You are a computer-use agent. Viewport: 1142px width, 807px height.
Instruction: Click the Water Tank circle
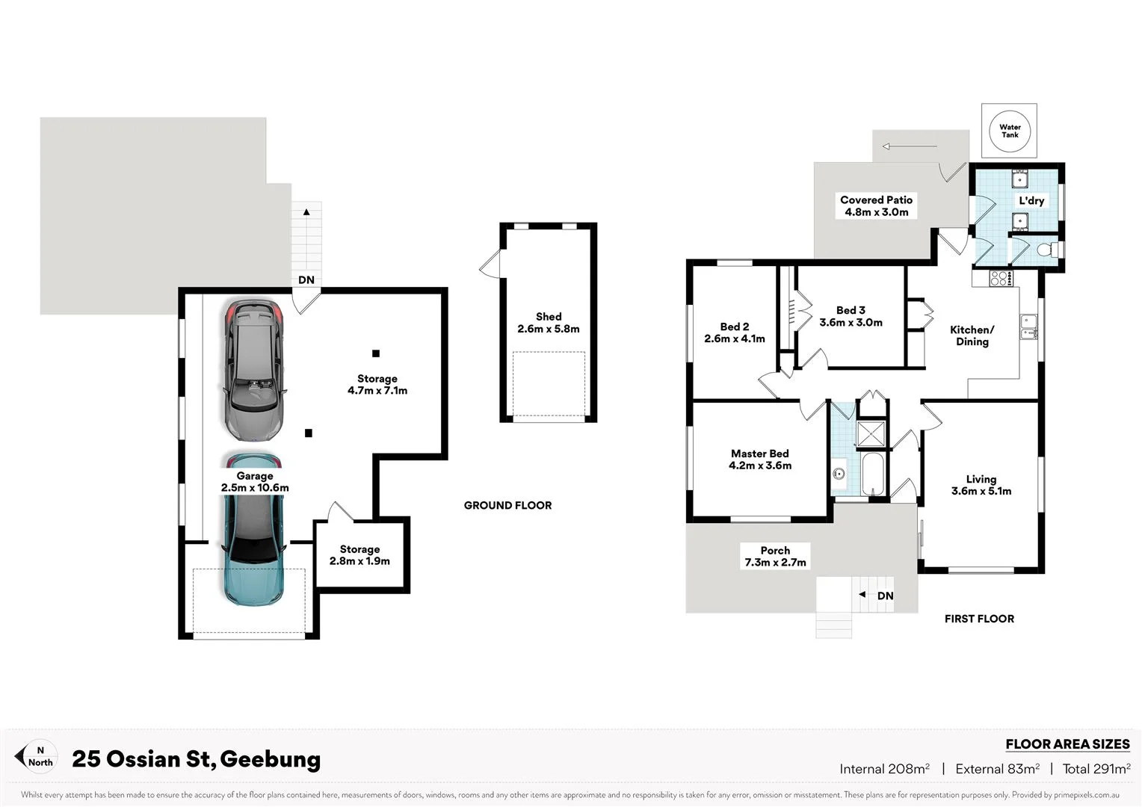click(1010, 131)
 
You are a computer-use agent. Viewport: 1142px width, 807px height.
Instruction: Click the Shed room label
click(549, 323)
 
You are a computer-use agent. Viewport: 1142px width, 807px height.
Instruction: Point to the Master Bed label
click(760, 460)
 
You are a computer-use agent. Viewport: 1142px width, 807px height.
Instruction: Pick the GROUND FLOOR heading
click(507, 506)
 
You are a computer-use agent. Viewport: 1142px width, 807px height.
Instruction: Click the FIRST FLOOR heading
click(979, 619)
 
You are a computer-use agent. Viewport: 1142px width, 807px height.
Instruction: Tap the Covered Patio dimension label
click(876, 206)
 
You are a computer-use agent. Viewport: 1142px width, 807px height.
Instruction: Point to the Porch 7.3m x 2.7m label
click(775, 557)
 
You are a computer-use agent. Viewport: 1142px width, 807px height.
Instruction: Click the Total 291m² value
click(1096, 769)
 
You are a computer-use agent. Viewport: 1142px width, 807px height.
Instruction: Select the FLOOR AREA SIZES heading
click(1067, 744)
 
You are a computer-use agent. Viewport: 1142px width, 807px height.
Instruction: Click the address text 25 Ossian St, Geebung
click(196, 759)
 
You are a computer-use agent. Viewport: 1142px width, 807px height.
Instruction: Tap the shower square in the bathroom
click(871, 434)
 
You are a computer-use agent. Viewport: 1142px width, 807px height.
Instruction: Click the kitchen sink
click(1028, 327)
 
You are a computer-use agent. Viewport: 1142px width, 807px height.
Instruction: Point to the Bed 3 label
click(851, 316)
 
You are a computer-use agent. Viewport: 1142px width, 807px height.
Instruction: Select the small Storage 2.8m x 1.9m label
click(359, 555)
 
